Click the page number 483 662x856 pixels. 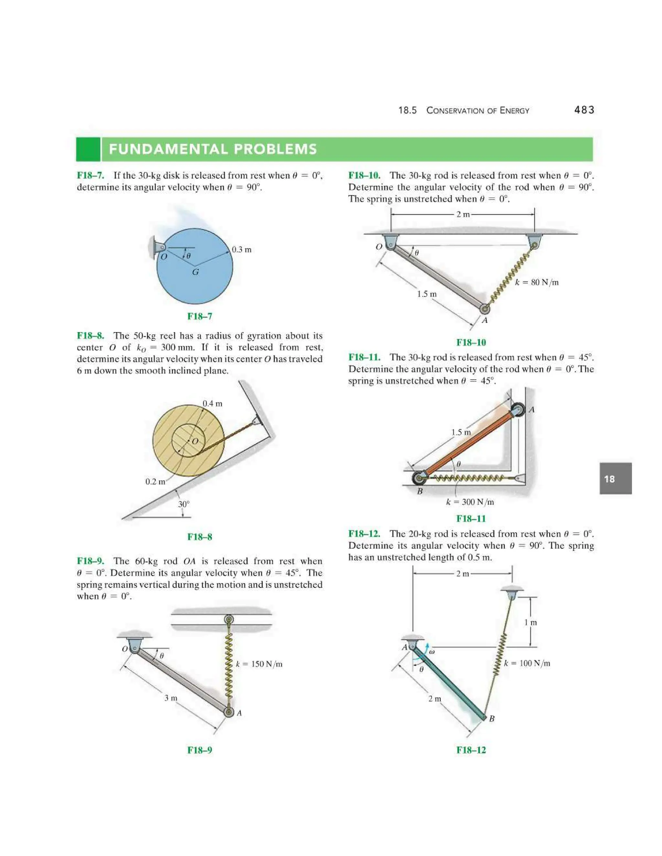click(x=584, y=110)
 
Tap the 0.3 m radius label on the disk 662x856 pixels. click(x=241, y=250)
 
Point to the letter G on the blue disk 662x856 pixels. click(x=195, y=272)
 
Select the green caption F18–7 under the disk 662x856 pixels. click(x=200, y=316)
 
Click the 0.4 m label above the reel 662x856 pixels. click(x=212, y=403)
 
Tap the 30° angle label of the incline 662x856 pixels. click(x=184, y=504)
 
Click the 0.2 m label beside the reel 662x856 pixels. click(x=155, y=481)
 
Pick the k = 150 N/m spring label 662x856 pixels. click(x=259, y=664)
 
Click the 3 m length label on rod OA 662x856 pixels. click(x=171, y=698)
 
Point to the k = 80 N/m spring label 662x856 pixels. click(x=537, y=282)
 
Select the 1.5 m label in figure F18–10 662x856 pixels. click(x=427, y=294)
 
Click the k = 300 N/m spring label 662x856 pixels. click(x=470, y=502)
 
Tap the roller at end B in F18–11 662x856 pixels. click(x=419, y=478)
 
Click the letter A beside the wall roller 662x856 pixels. click(x=532, y=410)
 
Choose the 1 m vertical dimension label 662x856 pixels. click(x=531, y=622)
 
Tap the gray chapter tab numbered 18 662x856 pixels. click(x=615, y=479)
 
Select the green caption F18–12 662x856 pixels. click(x=471, y=750)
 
